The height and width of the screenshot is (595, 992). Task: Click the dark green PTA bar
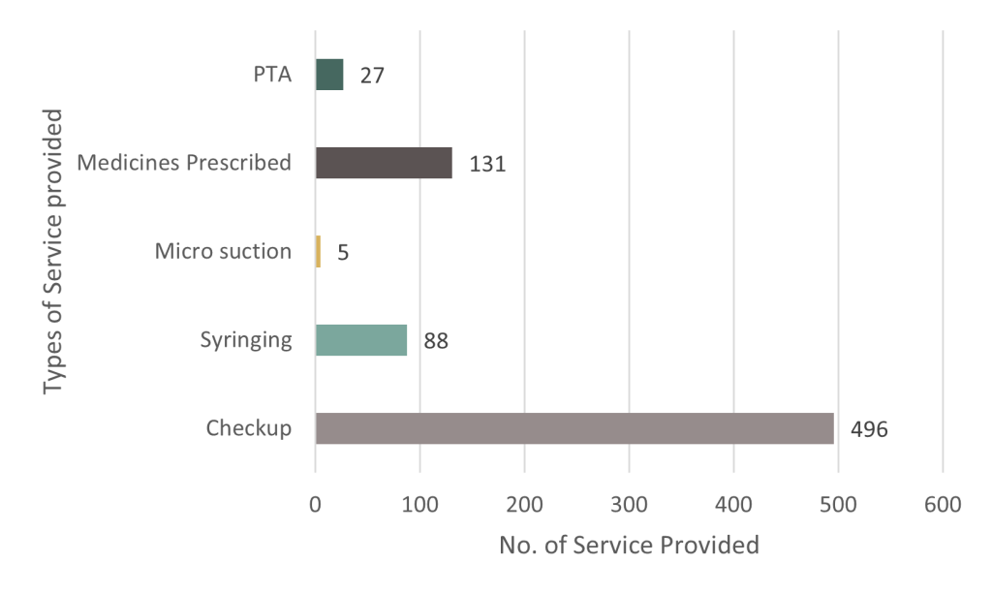click(x=329, y=75)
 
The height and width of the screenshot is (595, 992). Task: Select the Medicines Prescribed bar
click(x=384, y=163)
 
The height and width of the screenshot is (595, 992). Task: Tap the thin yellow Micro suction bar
click(x=318, y=251)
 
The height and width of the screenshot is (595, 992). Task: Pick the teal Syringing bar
click(x=361, y=340)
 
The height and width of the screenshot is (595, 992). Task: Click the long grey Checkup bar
click(x=574, y=428)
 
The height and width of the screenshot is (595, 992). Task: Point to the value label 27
click(x=372, y=76)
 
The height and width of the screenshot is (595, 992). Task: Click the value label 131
click(x=487, y=164)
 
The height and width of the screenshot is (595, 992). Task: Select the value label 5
click(x=343, y=253)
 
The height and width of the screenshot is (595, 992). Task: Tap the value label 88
click(x=436, y=341)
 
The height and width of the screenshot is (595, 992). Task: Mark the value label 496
click(x=869, y=430)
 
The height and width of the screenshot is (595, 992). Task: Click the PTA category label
click(x=272, y=74)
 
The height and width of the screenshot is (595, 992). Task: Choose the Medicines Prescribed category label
click(x=184, y=163)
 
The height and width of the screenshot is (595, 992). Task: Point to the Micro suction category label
click(x=224, y=251)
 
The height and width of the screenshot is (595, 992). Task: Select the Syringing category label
click(x=246, y=340)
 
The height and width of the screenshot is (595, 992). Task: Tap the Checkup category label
click(x=249, y=428)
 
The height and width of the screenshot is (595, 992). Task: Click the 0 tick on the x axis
click(x=315, y=505)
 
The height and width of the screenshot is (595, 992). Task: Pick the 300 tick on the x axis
click(x=629, y=505)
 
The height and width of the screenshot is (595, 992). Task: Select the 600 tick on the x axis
click(x=943, y=505)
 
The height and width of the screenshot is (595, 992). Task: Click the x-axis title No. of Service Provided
click(x=629, y=545)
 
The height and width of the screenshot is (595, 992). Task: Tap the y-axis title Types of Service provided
click(x=53, y=252)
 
